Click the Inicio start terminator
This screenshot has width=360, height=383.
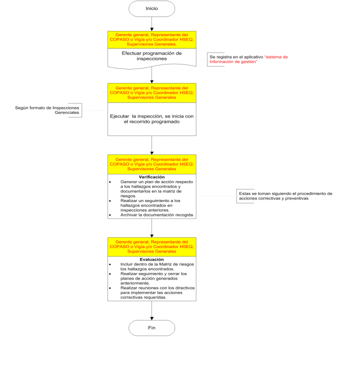tap(151, 8)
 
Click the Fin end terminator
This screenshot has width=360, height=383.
tap(151, 328)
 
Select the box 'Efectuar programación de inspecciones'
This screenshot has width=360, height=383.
tap(151, 56)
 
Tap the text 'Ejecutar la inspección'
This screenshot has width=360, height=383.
tap(151, 118)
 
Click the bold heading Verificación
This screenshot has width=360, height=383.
tap(151, 177)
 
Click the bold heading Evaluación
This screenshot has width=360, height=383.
tap(151, 259)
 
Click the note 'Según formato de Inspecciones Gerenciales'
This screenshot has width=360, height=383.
tap(48, 110)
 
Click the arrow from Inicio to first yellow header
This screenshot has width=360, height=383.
tap(151, 24)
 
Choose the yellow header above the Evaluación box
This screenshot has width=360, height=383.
tap(151, 246)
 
